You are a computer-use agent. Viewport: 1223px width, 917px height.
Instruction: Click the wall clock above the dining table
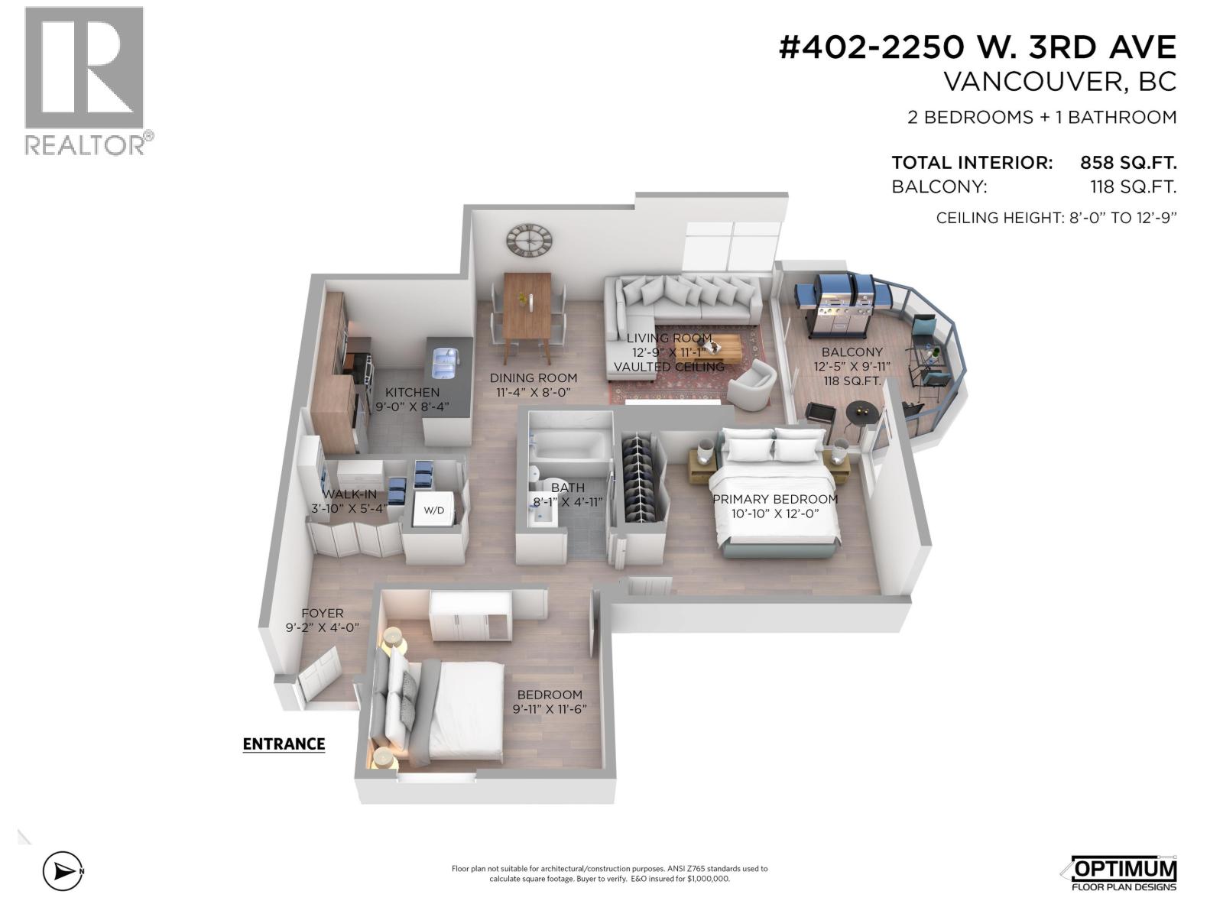coord(529,240)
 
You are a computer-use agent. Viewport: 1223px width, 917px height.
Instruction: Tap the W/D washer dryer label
coord(433,510)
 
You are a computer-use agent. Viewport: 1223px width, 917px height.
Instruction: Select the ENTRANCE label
coord(284,744)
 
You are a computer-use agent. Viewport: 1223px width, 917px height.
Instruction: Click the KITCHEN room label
coord(412,393)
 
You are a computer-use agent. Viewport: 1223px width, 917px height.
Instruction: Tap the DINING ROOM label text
coord(534,377)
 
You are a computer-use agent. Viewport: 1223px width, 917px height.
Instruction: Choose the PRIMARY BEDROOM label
coord(775,499)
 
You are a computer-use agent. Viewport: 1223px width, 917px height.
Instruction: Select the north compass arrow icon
coord(61,870)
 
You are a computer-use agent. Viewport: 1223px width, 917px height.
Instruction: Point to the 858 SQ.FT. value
coord(1127,163)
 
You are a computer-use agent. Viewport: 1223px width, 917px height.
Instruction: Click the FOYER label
coord(322,613)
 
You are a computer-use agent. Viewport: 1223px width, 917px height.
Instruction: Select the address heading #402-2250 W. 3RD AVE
coord(977,47)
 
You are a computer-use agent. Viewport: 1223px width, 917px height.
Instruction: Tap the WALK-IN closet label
coord(349,494)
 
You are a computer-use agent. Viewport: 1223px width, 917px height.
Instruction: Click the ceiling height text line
coord(1056,218)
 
